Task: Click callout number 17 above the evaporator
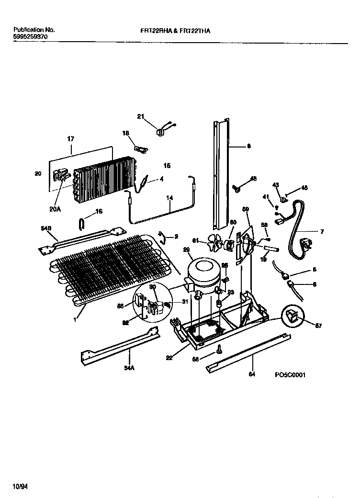pos(70,139)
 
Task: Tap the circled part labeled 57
pos(291,316)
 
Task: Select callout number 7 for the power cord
pos(322,232)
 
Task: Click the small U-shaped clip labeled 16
pos(81,223)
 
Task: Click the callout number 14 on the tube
pos(169,197)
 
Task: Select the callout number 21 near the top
pos(140,116)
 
